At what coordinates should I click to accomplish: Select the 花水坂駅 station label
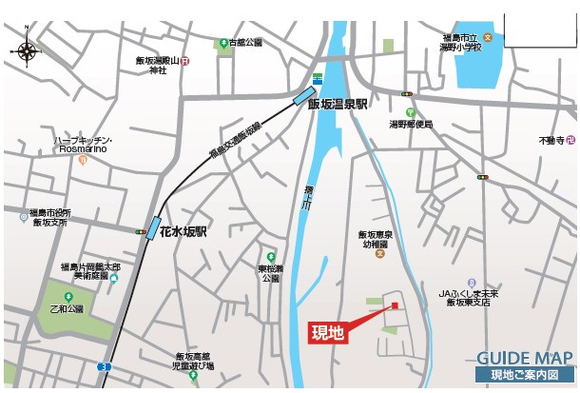tap(184, 231)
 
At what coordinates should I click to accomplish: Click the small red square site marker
tap(391, 305)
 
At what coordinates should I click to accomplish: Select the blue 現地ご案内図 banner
tap(524, 376)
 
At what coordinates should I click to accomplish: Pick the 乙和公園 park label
tap(67, 309)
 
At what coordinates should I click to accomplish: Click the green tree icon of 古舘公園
tap(222, 43)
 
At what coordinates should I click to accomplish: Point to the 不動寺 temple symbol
tap(571, 141)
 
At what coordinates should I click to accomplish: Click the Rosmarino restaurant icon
tap(83, 161)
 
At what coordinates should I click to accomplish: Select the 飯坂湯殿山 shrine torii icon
tap(184, 62)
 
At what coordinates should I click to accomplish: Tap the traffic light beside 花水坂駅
tap(140, 231)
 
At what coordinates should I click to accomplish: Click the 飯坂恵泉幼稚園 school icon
tap(380, 253)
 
